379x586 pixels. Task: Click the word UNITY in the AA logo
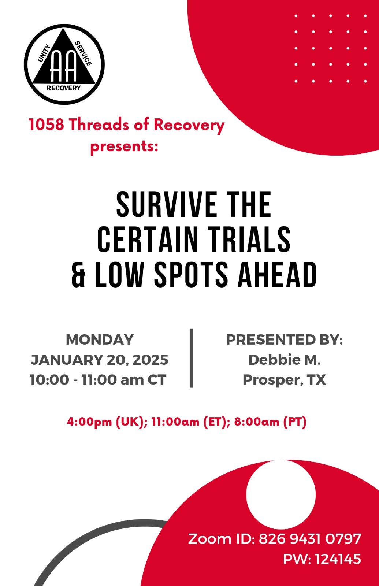(44, 53)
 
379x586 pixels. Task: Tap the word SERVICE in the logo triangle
(83, 53)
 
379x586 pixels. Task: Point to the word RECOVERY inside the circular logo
(64, 88)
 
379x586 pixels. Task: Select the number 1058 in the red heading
(46, 124)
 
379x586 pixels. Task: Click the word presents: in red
(124, 146)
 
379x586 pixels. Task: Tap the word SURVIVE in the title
(166, 204)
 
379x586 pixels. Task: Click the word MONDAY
(100, 340)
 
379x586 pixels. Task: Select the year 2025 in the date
(151, 360)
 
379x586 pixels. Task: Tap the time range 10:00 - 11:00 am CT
(98, 379)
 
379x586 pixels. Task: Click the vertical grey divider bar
(192, 358)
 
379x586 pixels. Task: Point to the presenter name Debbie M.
(284, 360)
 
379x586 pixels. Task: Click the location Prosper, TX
(284, 380)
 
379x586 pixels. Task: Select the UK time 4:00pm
(89, 422)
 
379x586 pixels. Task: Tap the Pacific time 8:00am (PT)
(270, 422)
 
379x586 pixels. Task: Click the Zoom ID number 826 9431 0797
(310, 539)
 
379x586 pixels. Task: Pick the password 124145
(338, 559)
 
